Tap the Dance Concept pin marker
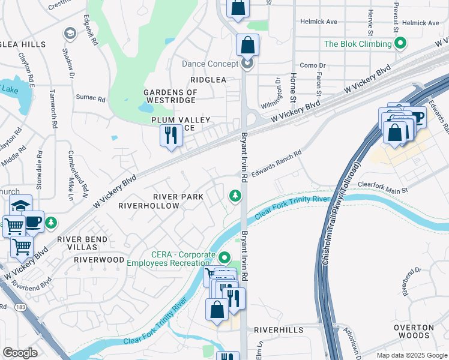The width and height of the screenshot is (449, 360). pyautogui.click(x=247, y=64)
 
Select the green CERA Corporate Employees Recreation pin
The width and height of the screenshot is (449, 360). pyautogui.click(x=224, y=258)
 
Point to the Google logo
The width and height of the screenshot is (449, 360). pyautogui.click(x=20, y=353)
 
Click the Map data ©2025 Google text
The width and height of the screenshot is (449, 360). pyautogui.click(x=412, y=355)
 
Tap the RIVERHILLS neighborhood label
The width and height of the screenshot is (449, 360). pyautogui.click(x=276, y=330)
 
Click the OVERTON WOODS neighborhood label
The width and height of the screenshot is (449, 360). pyautogui.click(x=414, y=332)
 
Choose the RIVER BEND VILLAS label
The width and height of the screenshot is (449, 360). pyautogui.click(x=82, y=244)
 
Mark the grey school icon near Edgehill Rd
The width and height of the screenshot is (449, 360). pyautogui.click(x=69, y=33)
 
